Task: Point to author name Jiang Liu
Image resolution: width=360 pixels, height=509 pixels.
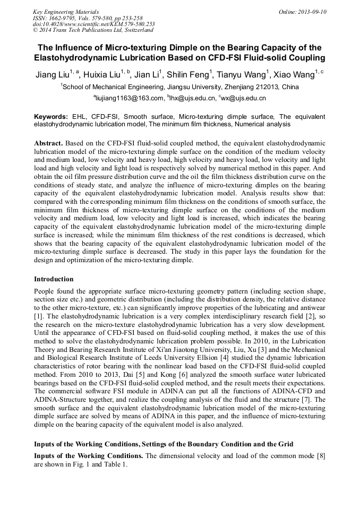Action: pyautogui.click(x=52, y=74)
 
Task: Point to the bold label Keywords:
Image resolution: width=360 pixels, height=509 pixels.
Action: pyautogui.click(x=51, y=116)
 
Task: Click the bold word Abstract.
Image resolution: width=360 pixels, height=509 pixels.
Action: pyautogui.click(x=49, y=144)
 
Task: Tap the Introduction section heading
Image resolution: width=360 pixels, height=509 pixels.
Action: pyautogui.click(x=54, y=279)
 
